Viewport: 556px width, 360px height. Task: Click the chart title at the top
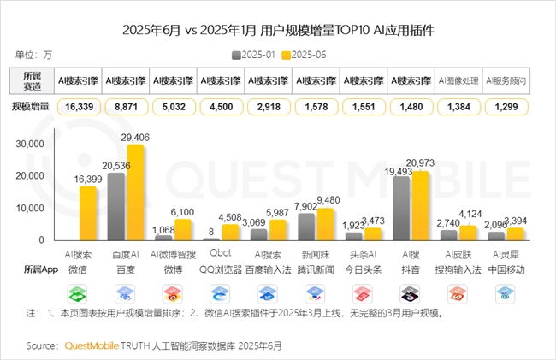pyautogui.click(x=277, y=31)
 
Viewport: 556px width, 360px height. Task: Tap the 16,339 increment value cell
pyautogui.click(x=77, y=107)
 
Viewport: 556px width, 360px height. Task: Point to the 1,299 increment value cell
pyautogui.click(x=506, y=107)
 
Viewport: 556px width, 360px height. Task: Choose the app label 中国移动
pyautogui.click(x=506, y=269)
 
